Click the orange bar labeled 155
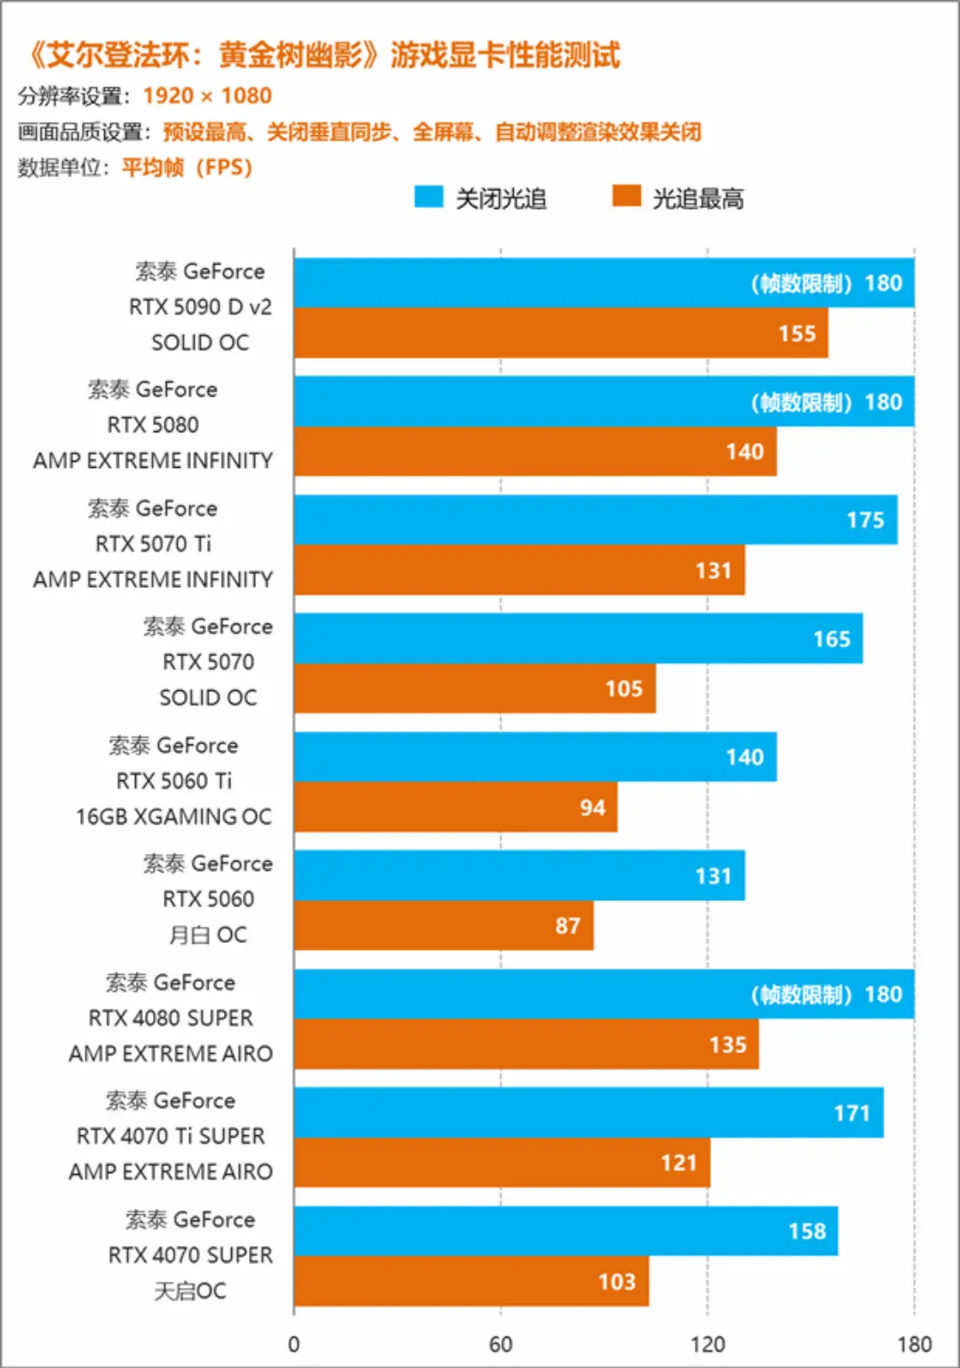click(x=560, y=334)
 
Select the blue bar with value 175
click(x=595, y=520)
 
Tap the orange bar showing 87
click(x=443, y=926)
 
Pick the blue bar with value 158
click(x=565, y=1231)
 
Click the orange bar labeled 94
click(x=455, y=808)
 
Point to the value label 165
click(x=831, y=640)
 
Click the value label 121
click(x=678, y=1163)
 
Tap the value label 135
click(x=727, y=1045)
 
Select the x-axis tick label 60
click(x=500, y=1344)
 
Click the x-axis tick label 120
click(x=708, y=1344)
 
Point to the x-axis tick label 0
click(x=294, y=1344)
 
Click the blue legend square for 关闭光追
click(x=428, y=197)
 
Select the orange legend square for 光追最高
click(x=627, y=197)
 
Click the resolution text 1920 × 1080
click(x=207, y=96)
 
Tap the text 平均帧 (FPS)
click(x=187, y=168)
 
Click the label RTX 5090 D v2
click(x=200, y=307)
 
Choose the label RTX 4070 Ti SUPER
click(x=171, y=1137)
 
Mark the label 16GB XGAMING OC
click(x=173, y=817)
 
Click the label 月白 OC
click(x=208, y=935)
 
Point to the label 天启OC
click(x=190, y=1291)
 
